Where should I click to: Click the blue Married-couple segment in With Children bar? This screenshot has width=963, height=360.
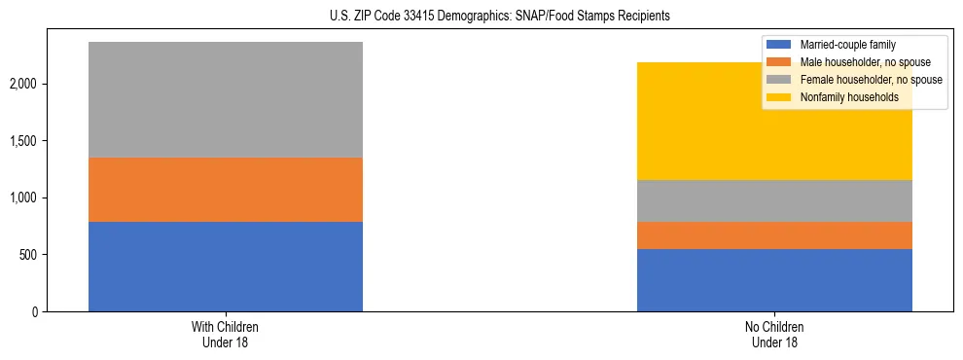[x=226, y=267]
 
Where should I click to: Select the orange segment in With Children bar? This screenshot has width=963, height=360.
[x=226, y=190]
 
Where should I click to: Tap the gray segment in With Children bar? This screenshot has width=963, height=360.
[x=226, y=99]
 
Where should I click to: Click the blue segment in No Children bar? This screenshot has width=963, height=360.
[x=774, y=280]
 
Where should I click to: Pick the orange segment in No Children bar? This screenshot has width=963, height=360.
[x=774, y=235]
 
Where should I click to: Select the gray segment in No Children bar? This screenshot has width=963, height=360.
[x=774, y=200]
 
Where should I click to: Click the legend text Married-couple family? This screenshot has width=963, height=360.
[x=848, y=45]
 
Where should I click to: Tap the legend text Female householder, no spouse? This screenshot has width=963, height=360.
[x=871, y=80]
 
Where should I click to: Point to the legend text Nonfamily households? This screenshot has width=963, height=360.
[x=849, y=97]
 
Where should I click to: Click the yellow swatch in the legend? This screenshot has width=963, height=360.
[x=780, y=97]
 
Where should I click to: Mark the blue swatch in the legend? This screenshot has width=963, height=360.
[x=780, y=45]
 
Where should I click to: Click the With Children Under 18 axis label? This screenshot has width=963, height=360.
[x=226, y=335]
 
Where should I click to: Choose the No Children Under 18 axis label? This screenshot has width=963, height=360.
[x=774, y=335]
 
